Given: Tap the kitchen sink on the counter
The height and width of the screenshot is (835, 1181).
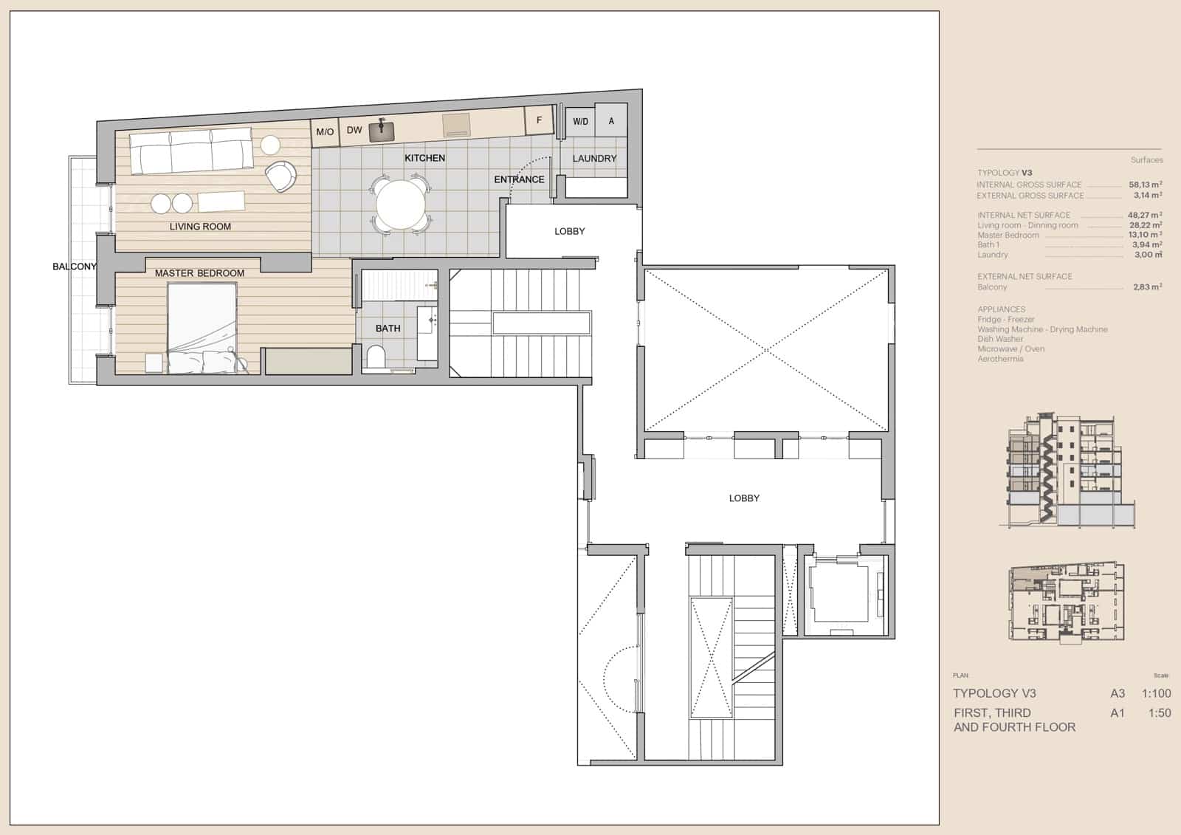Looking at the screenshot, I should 382,131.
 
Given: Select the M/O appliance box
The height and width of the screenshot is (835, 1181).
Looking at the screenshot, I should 325,131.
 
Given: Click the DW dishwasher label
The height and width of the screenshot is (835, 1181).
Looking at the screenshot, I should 354,130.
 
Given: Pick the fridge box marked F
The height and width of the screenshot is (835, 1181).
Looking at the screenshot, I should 540,120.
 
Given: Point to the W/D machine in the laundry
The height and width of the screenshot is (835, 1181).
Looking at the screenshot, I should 581,121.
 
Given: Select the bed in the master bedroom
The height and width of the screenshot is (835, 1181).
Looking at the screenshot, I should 202,329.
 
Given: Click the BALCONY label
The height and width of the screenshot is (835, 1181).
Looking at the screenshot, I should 74,267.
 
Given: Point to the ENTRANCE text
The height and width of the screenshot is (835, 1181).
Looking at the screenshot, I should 519,179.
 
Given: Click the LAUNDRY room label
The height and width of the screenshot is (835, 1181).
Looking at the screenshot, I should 594,158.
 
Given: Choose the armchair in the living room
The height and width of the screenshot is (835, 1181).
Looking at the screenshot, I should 280,176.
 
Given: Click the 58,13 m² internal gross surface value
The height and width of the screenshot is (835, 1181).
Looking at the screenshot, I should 1146,185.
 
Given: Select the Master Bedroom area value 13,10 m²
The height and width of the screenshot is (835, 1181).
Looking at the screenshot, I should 1146,235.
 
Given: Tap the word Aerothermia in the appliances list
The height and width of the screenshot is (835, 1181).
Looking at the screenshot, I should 1000,359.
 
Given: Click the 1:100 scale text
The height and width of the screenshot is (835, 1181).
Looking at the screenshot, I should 1156,693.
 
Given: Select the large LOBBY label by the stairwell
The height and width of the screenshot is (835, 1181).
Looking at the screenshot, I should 744,498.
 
